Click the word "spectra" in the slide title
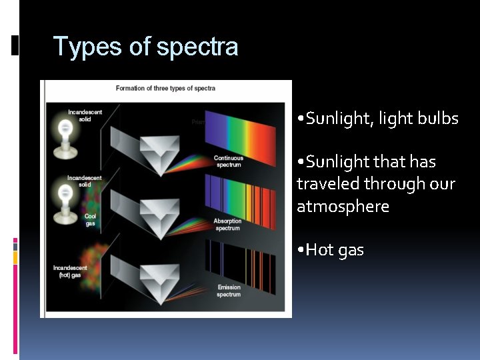[197, 47]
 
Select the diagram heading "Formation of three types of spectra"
[165, 88]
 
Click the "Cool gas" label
[90, 220]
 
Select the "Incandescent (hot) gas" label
[70, 271]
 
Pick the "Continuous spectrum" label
[228, 161]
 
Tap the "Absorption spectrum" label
[227, 224]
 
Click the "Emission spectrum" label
[229, 291]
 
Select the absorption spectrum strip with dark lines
[240, 193]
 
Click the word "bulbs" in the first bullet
[438, 119]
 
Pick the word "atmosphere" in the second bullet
[343, 207]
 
